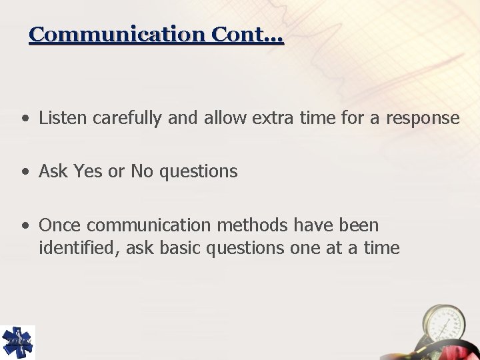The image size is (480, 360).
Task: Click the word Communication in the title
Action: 118,34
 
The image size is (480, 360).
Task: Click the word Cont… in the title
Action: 248,34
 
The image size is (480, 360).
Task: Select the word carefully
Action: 127,119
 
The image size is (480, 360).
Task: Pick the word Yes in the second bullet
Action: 88,171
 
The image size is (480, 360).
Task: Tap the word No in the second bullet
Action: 141,171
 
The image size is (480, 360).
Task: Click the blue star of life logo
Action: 17,342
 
